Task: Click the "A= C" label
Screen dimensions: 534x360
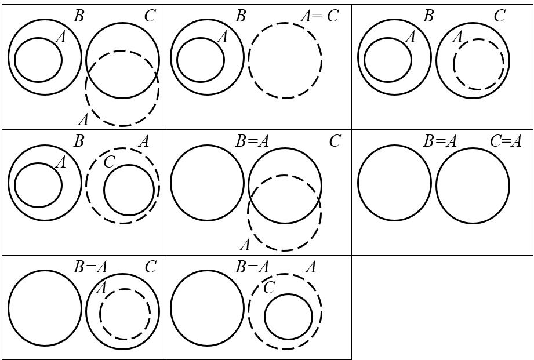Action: [x=319, y=16]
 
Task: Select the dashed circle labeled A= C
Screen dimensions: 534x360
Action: [x=285, y=60]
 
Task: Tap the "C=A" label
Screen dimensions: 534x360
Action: [x=505, y=141]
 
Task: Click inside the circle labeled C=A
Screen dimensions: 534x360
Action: [x=473, y=186]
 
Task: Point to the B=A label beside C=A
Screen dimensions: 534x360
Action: [x=440, y=141]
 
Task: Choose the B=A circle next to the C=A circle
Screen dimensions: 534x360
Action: [x=394, y=183]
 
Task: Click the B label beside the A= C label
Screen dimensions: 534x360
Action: [x=241, y=16]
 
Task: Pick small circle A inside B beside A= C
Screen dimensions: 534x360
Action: [x=200, y=60]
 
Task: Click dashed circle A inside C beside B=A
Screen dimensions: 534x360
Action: [x=125, y=314]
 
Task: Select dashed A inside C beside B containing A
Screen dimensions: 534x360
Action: [x=478, y=64]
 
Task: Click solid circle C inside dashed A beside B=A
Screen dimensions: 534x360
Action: [x=288, y=317]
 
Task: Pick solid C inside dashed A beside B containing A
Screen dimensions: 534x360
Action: [x=129, y=190]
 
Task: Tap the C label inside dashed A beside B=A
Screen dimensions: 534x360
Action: [x=268, y=288]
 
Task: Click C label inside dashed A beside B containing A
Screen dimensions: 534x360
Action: [x=109, y=162]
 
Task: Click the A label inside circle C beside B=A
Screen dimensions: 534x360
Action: [x=101, y=288]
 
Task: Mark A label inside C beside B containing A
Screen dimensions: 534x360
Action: [x=457, y=37]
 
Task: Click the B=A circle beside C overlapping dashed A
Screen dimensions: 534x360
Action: [x=207, y=183]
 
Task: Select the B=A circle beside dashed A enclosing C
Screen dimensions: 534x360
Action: [x=207, y=308]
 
